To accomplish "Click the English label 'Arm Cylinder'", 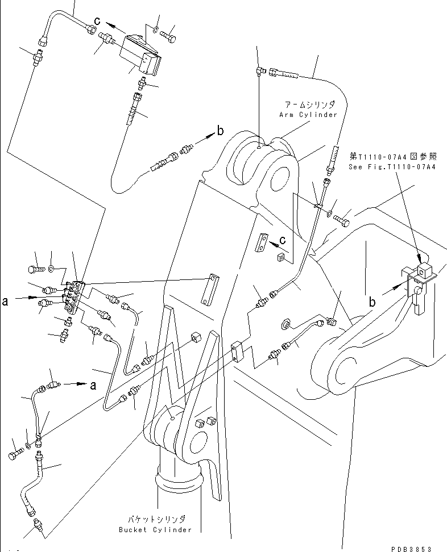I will [x=307, y=115].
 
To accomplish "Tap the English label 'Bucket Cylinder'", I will [x=156, y=529].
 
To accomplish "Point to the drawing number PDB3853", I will [x=412, y=549].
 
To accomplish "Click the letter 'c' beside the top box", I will [x=97, y=21].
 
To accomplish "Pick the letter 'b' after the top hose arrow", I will [x=220, y=132].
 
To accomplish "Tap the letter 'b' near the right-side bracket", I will [x=372, y=303].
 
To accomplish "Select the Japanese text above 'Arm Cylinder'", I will [x=310, y=106].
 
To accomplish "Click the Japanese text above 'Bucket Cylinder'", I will [x=156, y=520].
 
